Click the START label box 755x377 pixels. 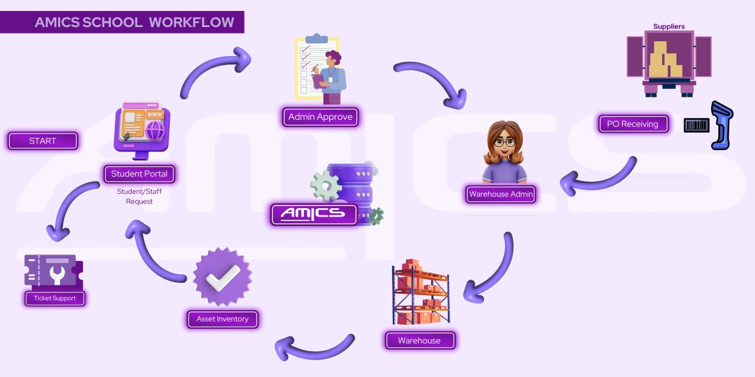[43, 141]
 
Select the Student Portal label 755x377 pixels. [139, 174]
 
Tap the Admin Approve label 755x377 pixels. [320, 117]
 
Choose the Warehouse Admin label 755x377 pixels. [501, 194]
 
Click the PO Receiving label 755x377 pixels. [632, 124]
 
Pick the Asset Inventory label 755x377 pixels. [223, 319]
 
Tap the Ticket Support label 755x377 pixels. [55, 298]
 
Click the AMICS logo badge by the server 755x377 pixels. [314, 214]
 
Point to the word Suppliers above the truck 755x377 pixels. [669, 27]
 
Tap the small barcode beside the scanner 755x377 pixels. [696, 124]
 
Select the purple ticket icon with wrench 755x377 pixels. [54, 271]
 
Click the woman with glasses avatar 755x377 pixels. [505, 152]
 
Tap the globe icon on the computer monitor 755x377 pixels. [156, 130]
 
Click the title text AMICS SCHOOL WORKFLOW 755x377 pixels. [134, 23]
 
